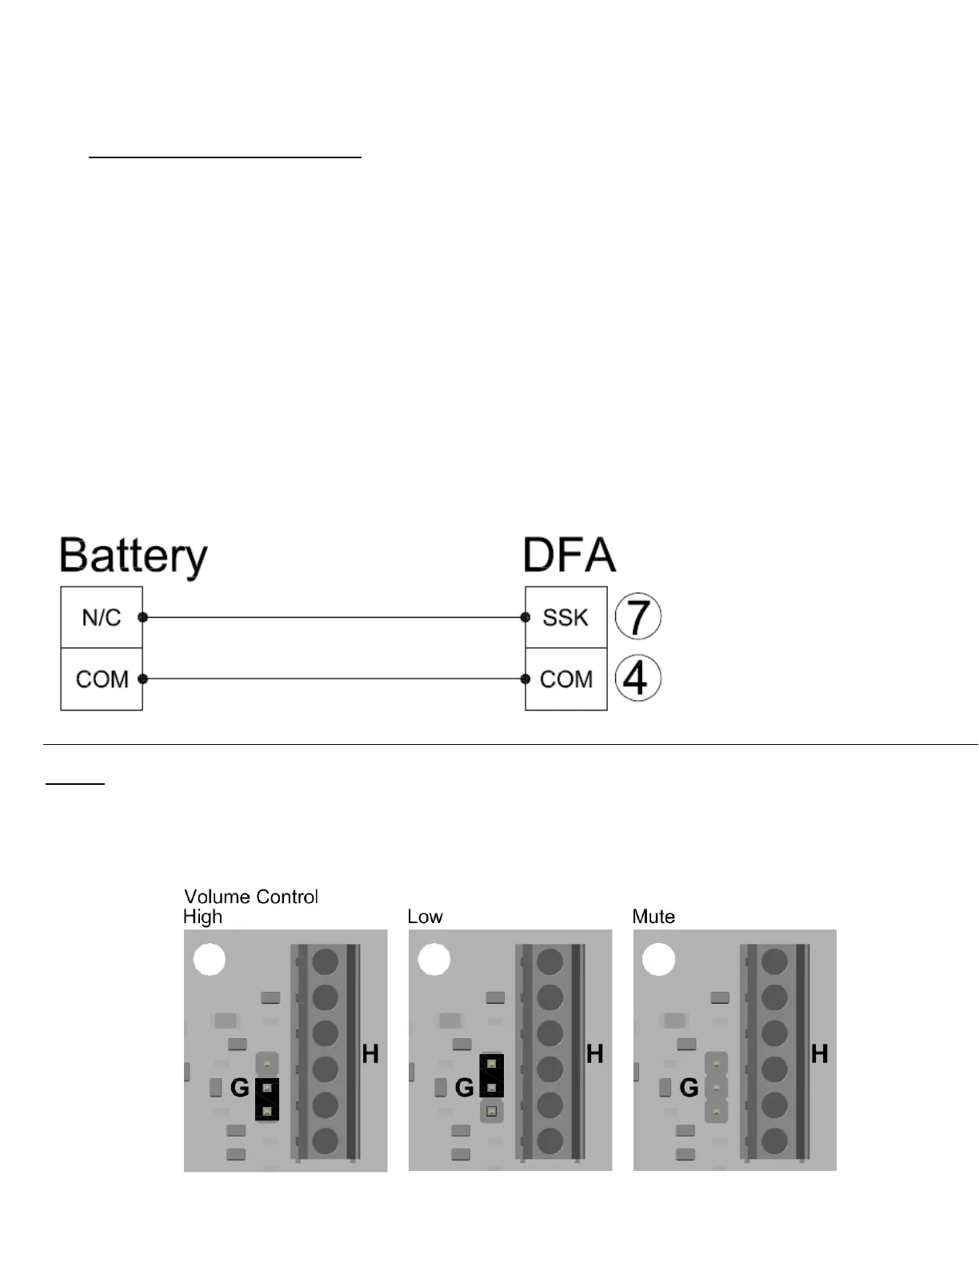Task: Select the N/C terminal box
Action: coord(102,617)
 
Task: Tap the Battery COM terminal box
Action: coord(102,679)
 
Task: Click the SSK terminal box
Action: coord(565,617)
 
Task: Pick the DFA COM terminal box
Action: coord(565,679)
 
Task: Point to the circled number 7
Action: coord(637,617)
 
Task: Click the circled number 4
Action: coord(637,679)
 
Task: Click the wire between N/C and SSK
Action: coord(334,617)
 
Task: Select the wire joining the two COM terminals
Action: coord(334,679)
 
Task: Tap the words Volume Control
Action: coord(251,897)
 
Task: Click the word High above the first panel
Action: coord(202,917)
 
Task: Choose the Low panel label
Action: coord(425,917)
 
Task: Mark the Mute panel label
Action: coord(653,917)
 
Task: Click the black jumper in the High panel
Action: coord(267,1099)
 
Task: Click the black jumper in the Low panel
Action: coord(492,1076)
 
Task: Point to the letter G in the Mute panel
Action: coord(689,1088)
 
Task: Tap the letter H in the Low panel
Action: coord(594,1054)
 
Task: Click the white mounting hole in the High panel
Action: coord(210,960)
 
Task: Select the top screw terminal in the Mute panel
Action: coord(774,961)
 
